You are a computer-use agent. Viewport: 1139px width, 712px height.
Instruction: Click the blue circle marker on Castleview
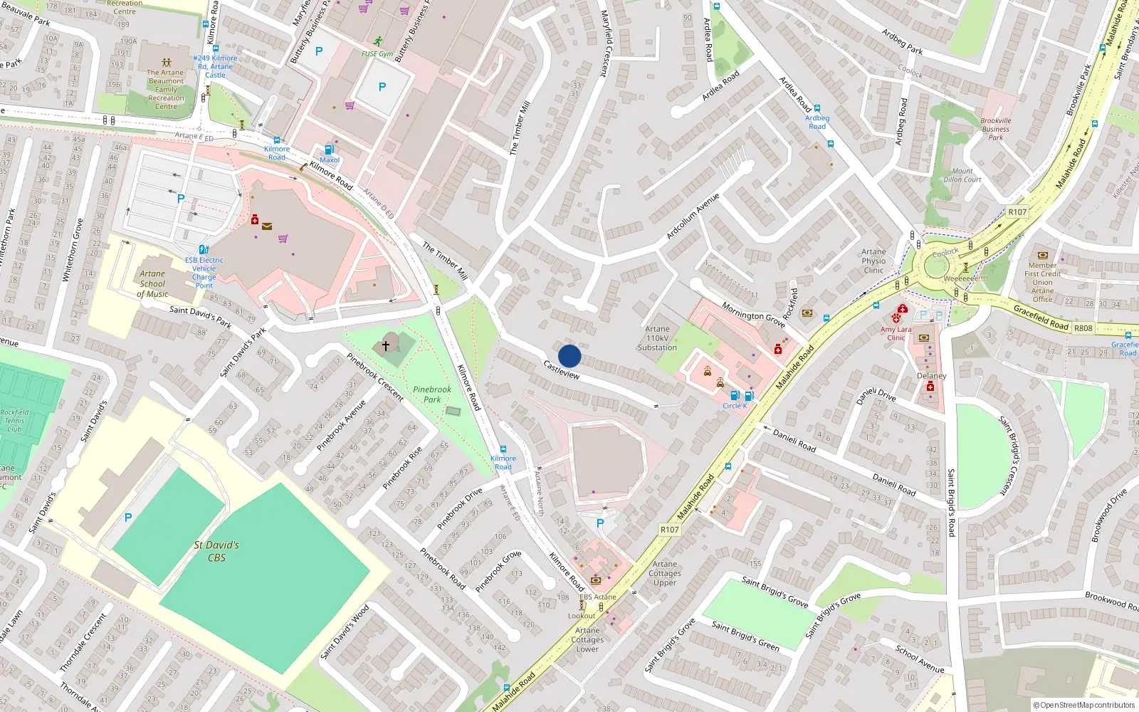coord(569,356)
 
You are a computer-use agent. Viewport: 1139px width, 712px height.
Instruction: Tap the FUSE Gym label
coord(377,54)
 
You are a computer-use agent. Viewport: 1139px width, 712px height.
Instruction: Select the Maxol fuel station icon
coord(329,150)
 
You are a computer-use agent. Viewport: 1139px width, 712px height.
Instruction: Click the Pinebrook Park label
coord(432,394)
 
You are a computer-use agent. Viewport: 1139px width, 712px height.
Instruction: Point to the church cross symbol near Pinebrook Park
coord(386,346)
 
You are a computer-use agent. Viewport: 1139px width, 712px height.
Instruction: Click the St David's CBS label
coord(216,551)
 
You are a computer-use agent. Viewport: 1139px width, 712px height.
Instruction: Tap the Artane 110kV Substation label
coord(657,338)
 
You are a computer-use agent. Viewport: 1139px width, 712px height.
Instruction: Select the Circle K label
coord(735,406)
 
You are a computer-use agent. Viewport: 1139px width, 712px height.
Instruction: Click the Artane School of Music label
coord(152,283)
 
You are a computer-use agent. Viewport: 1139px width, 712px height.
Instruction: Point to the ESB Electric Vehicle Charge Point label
coord(204,273)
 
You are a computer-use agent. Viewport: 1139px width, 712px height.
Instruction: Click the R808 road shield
coord(1083,328)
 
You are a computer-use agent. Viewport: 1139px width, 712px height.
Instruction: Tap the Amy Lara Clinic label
coord(896,333)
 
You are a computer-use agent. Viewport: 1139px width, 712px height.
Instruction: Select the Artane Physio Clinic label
coord(873,261)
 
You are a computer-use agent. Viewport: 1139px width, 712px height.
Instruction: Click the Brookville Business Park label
coord(995,129)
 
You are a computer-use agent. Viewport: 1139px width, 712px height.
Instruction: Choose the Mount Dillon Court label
coord(962,175)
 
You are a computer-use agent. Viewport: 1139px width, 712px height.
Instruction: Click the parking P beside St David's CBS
coord(128,518)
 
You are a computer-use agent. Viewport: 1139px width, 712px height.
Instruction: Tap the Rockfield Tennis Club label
coord(14,421)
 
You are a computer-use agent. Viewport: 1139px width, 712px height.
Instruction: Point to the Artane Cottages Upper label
coord(665,573)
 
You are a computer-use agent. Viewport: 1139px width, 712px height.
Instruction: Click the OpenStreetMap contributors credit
coord(1083,705)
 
